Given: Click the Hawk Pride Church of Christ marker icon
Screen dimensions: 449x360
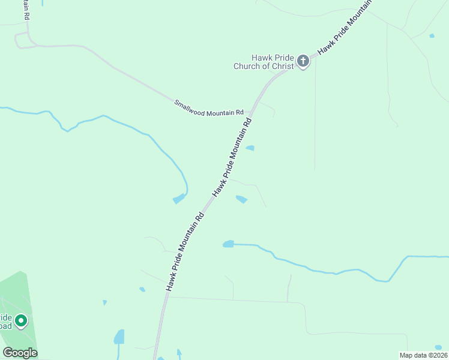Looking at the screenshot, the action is pyautogui.click(x=303, y=61).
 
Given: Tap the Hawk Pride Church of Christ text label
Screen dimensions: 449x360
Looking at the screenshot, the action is pyautogui.click(x=264, y=62).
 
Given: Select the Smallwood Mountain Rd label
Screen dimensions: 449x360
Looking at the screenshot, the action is pyautogui.click(x=209, y=108).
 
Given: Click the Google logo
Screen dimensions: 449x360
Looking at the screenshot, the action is pyautogui.click(x=20, y=352).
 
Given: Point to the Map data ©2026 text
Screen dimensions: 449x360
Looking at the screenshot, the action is pyautogui.click(x=423, y=355).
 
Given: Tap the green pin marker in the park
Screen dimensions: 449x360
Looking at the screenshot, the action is pyautogui.click(x=22, y=321).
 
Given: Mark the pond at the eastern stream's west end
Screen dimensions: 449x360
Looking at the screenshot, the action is pyautogui.click(x=228, y=244).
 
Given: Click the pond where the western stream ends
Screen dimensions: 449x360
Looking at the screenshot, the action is pyautogui.click(x=179, y=199).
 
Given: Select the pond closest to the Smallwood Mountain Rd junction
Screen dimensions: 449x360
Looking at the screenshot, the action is pyautogui.click(x=250, y=148).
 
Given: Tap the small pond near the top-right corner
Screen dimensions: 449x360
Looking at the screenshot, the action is pyautogui.click(x=432, y=36).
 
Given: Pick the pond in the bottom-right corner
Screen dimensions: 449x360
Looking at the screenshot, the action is pyautogui.click(x=438, y=347).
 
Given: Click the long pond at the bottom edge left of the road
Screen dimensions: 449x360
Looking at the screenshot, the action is pyautogui.click(x=119, y=337).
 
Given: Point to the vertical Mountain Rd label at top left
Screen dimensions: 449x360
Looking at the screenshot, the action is pyautogui.click(x=26, y=11).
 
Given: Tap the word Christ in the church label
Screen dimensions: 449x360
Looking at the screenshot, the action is pyautogui.click(x=283, y=66).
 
